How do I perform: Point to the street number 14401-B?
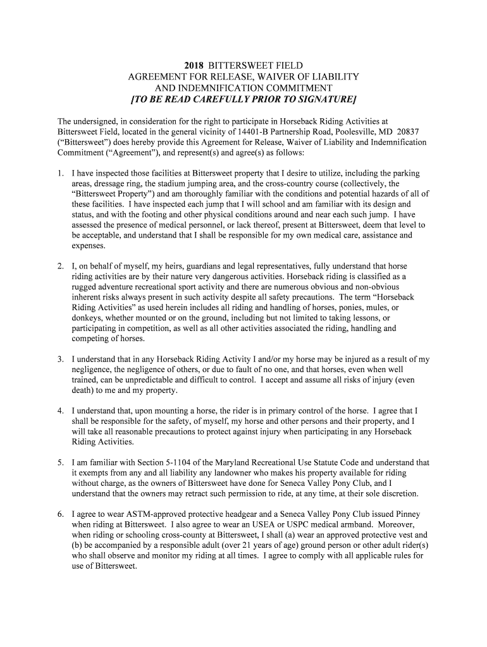pyautogui.click(x=233, y=131)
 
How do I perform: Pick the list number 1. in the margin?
pyautogui.click(x=61, y=172)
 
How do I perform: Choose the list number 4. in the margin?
pyautogui.click(x=61, y=411)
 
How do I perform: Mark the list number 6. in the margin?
pyautogui.click(x=61, y=514)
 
